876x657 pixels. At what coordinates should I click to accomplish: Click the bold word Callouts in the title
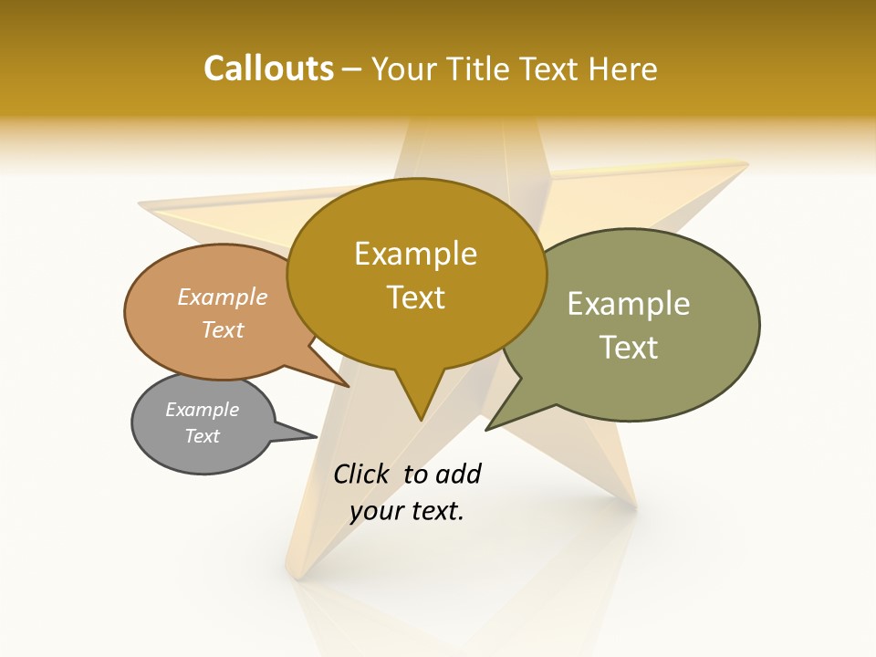pyautogui.click(x=268, y=68)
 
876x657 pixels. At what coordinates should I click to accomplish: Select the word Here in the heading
pyautogui.click(x=624, y=68)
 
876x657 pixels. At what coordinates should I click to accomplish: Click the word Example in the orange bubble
pyautogui.click(x=223, y=297)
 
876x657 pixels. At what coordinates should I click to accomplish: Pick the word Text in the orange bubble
pyautogui.click(x=223, y=329)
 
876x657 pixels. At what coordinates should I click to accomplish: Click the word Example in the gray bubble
pyautogui.click(x=203, y=410)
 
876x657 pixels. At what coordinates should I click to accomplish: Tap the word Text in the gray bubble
pyautogui.click(x=203, y=436)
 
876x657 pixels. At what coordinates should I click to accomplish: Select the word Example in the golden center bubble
pyautogui.click(x=415, y=254)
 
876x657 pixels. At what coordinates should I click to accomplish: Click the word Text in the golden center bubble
pyautogui.click(x=416, y=297)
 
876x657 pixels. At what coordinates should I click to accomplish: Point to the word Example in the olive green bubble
pyautogui.click(x=629, y=304)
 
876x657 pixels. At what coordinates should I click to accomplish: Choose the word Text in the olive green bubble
pyautogui.click(x=629, y=348)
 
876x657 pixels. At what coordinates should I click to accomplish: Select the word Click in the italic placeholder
pyautogui.click(x=360, y=474)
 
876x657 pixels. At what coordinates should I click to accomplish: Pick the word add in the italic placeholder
pyautogui.click(x=458, y=474)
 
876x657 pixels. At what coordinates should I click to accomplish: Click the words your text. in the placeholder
pyautogui.click(x=407, y=511)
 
